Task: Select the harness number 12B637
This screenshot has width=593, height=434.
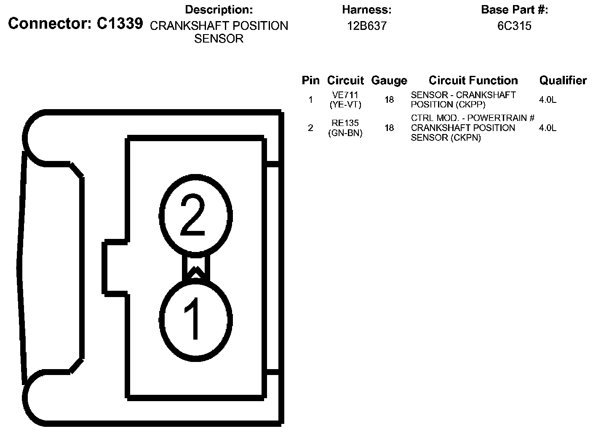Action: coord(366,26)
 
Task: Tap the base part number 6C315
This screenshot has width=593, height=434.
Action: coord(514,26)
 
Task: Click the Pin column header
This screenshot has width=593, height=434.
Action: coord(310,80)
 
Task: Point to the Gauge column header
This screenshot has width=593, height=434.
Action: coord(389,80)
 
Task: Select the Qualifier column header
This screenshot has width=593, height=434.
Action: coord(563,80)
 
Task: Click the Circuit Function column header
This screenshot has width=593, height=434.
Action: coord(473,80)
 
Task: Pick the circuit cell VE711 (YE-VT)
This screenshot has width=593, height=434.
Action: coord(345,100)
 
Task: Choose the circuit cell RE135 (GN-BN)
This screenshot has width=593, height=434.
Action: coord(345,128)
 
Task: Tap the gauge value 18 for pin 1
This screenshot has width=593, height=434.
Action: coord(389,100)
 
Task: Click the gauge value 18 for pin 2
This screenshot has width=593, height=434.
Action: coord(389,128)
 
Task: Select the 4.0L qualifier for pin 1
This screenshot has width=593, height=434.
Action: coord(548,100)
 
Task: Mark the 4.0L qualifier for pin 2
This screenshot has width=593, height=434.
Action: coord(548,128)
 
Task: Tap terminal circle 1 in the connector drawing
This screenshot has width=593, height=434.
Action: coord(196,319)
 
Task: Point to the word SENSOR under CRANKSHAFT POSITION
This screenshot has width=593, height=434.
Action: coord(219,39)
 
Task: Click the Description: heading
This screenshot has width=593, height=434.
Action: coord(219,10)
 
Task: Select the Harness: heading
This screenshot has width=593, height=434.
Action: coord(366,10)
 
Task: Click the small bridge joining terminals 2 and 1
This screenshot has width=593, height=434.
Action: coord(196,268)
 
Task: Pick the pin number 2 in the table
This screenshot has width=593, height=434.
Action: coord(310,128)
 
